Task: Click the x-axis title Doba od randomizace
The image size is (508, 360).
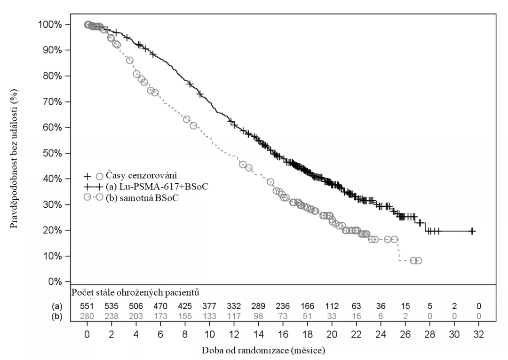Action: (x=264, y=351)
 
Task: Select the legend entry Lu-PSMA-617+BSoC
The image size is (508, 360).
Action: (x=157, y=187)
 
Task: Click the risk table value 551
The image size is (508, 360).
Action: (x=87, y=306)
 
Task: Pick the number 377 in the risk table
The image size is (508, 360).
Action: (x=209, y=306)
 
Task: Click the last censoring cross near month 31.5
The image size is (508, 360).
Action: (x=472, y=231)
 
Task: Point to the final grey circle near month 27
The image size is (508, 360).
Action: (x=418, y=260)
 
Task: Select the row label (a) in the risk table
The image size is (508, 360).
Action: (x=56, y=306)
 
